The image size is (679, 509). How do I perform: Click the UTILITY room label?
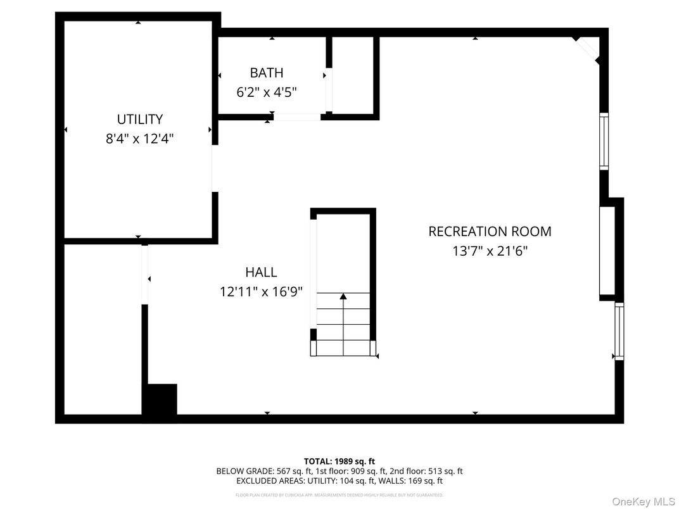pos(139,119)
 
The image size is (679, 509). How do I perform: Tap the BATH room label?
pos(266,73)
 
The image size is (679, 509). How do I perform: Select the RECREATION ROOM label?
pos(490,232)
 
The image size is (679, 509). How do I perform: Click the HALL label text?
pos(261,272)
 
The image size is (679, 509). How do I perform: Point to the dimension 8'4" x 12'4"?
pos(139,139)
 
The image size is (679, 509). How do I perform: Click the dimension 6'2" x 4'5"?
pos(266,92)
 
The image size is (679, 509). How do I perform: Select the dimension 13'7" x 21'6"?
pos(490,251)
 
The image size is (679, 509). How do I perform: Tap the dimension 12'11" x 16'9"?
pos(261,292)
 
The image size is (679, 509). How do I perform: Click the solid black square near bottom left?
pos(160,399)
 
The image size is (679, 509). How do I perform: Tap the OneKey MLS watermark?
pos(644,501)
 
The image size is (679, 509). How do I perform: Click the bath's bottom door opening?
pos(297,116)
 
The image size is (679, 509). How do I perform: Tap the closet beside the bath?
pos(352,76)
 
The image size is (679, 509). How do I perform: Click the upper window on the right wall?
pos(604,141)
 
